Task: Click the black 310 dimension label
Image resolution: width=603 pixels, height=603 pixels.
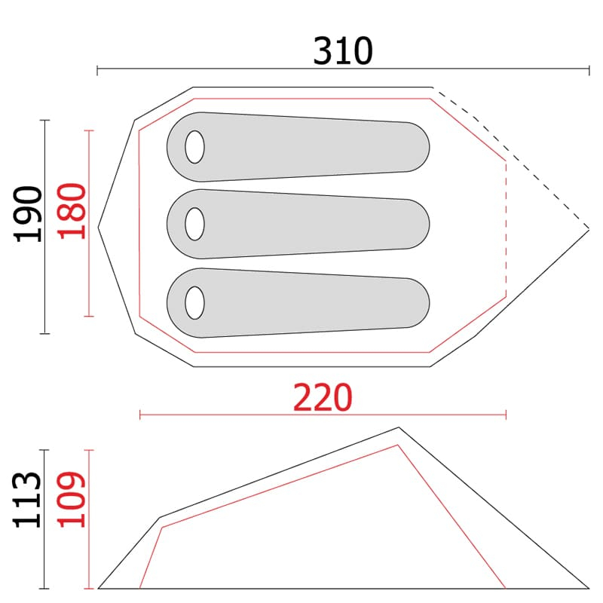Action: (x=343, y=51)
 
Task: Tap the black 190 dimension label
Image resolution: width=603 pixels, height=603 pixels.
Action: (x=27, y=214)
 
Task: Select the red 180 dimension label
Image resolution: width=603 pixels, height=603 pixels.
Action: (x=72, y=211)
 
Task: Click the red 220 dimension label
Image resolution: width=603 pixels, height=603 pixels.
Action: (x=323, y=397)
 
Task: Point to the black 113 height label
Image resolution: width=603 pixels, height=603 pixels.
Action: (x=26, y=500)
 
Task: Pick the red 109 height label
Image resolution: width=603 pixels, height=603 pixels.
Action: (x=71, y=499)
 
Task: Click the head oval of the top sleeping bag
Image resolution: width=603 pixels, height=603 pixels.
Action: (x=194, y=147)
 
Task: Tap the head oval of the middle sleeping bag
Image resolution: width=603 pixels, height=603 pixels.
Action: (x=194, y=224)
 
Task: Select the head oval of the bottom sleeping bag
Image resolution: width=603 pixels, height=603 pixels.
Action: (x=194, y=303)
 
